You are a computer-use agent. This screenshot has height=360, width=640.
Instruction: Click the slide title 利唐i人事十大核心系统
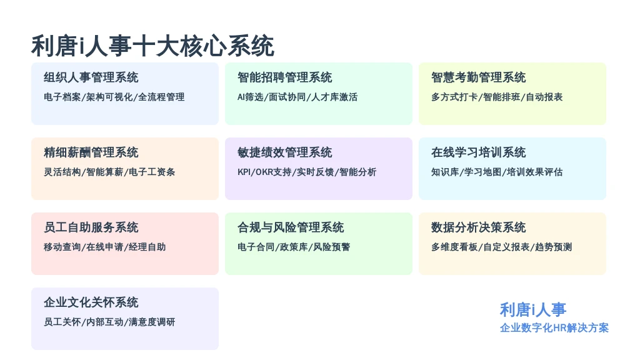[152, 46]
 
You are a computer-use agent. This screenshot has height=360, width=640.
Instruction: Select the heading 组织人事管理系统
[91, 77]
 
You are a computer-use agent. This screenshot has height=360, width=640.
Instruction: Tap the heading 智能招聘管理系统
[285, 77]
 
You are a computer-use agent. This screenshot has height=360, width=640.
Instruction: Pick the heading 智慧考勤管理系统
[478, 77]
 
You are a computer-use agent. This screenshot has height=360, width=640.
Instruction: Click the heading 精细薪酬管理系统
[91, 152]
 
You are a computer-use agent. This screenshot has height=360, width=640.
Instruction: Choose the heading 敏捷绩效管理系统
[285, 152]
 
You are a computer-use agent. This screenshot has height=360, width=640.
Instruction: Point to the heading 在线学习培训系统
[478, 152]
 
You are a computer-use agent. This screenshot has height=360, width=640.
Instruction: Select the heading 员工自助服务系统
[91, 227]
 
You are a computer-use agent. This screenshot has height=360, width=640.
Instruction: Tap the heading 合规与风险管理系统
[291, 227]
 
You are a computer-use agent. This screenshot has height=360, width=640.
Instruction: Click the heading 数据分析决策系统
[478, 227]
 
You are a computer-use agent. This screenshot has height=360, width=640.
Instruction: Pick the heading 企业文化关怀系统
[91, 302]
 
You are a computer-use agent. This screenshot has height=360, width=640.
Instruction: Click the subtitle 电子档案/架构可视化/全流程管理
[114, 97]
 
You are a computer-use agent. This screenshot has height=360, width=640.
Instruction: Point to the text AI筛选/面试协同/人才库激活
[297, 97]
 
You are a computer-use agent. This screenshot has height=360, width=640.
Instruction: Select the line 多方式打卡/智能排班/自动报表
[497, 97]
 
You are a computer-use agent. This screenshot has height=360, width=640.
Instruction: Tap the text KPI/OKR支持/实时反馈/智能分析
[307, 172]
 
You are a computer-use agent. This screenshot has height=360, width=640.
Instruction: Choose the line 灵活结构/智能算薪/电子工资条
[109, 172]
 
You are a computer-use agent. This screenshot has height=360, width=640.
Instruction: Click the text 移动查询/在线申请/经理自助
[105, 247]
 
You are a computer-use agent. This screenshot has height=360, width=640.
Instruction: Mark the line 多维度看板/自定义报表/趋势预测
[502, 247]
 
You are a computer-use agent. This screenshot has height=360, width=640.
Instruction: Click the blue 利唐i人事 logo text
[533, 310]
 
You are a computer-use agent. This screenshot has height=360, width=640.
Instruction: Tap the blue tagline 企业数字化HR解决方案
[554, 327]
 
